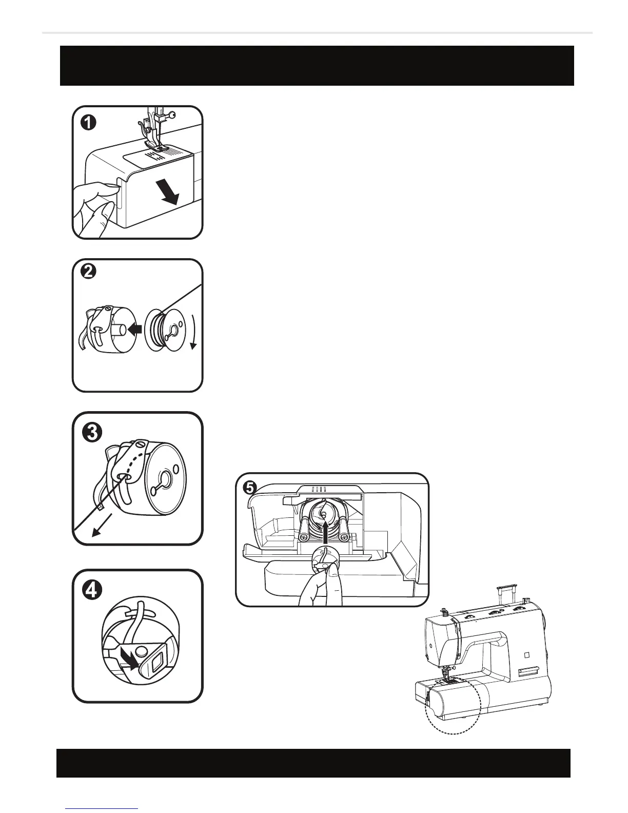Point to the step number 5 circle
click(249, 488)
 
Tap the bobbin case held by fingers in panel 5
click(323, 559)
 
